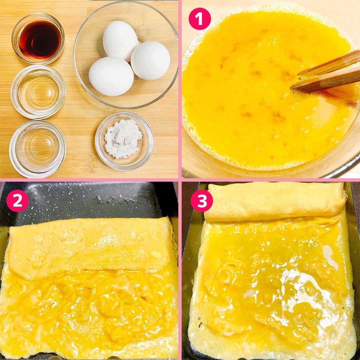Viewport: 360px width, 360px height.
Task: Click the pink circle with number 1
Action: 200,19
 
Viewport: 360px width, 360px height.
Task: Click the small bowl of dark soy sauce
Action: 38,38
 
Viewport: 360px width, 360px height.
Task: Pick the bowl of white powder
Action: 124,141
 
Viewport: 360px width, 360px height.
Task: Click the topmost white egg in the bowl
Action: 120,41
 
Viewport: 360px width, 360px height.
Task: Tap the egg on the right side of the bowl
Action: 150,60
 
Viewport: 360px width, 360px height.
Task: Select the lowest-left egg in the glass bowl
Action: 111,76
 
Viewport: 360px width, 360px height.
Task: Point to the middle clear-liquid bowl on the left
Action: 38,92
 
